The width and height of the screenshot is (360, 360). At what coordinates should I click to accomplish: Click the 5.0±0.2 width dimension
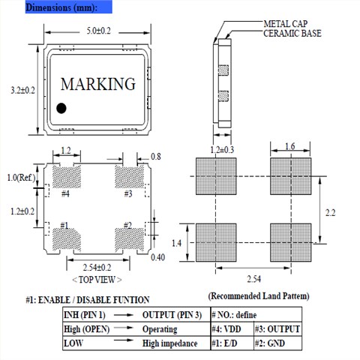tap(98, 31)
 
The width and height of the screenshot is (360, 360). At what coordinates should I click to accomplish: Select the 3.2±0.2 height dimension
tap(22, 90)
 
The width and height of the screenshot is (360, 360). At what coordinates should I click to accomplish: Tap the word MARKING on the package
tap(98, 84)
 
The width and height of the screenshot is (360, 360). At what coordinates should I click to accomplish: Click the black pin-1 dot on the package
tap(61, 108)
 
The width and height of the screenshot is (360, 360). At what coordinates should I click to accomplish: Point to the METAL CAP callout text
tap(286, 24)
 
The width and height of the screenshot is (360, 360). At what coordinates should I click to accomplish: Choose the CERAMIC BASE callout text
tap(292, 34)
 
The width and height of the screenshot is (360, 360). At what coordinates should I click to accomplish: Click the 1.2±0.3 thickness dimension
tap(222, 150)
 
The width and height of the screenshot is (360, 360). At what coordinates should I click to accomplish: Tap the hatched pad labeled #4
tap(67, 177)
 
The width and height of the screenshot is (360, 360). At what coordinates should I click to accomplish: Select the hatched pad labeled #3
tap(129, 177)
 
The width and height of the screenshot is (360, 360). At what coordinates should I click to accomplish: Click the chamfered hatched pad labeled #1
tap(66, 239)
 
